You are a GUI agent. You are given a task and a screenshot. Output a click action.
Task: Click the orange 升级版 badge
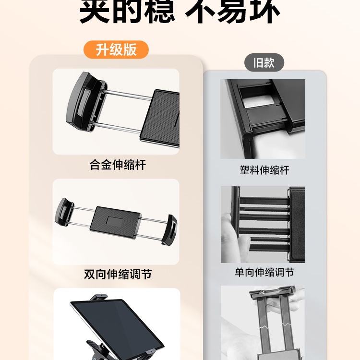click(x=116, y=50)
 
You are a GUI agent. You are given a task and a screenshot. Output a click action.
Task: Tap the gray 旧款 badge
click(x=264, y=63)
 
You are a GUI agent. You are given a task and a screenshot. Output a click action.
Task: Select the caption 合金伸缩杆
click(x=118, y=165)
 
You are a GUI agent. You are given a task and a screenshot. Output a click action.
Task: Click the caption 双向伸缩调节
click(x=118, y=274)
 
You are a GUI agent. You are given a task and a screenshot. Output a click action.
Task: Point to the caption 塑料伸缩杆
click(x=264, y=170)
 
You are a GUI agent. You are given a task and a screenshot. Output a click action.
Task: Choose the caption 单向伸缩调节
click(x=264, y=272)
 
